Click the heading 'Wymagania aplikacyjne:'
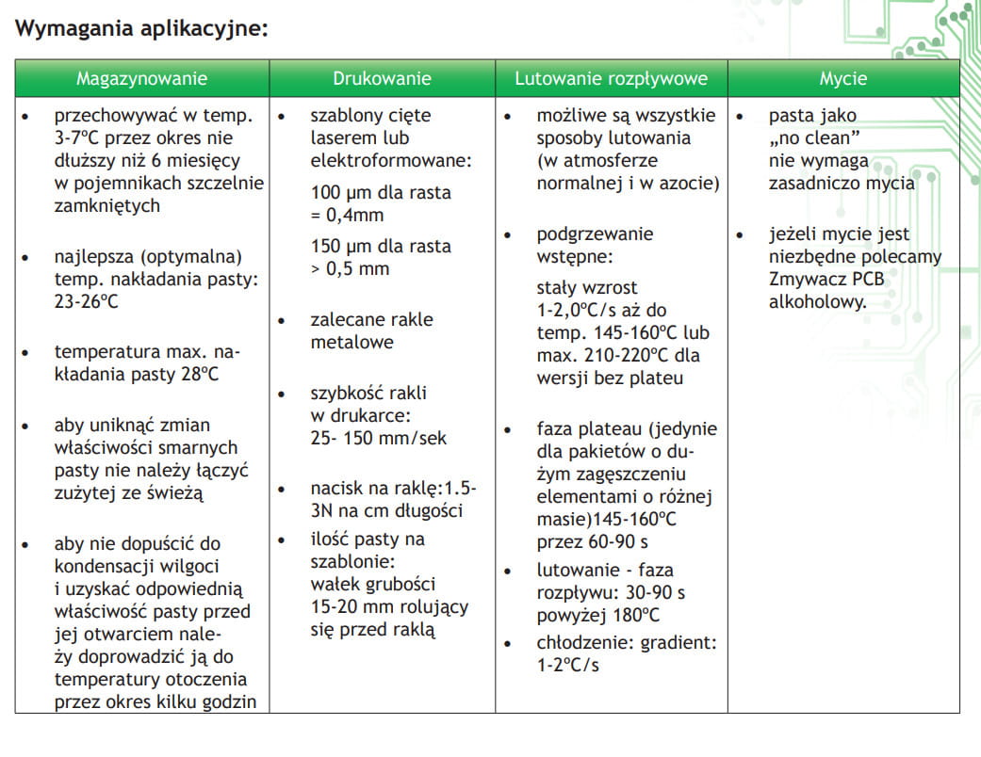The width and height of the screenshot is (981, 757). pyautogui.click(x=142, y=28)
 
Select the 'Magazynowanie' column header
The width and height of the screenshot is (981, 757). pyautogui.click(x=141, y=78)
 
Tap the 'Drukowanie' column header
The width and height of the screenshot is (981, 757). pyautogui.click(x=382, y=78)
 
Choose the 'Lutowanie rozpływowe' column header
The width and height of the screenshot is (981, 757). pyautogui.click(x=611, y=78)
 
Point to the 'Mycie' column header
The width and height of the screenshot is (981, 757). pyautogui.click(x=842, y=78)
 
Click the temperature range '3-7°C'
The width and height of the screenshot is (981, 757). pyautogui.click(x=78, y=138)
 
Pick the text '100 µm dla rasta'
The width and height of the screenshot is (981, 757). pyautogui.click(x=381, y=192)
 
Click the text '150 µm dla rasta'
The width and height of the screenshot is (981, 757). pyautogui.click(x=381, y=246)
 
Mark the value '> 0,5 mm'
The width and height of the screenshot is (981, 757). pyautogui.click(x=350, y=268)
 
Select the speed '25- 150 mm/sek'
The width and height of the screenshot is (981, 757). pyautogui.click(x=379, y=438)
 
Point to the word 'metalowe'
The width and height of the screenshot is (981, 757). pyautogui.click(x=352, y=342)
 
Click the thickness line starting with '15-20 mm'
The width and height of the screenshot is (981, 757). pyautogui.click(x=389, y=607)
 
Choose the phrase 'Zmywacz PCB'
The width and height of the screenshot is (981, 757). pyautogui.click(x=826, y=280)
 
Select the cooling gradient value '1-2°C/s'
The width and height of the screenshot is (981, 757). pyautogui.click(x=568, y=666)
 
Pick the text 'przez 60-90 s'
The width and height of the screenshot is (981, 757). pyautogui.click(x=593, y=541)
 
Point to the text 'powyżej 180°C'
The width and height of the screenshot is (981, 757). pyautogui.click(x=598, y=616)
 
